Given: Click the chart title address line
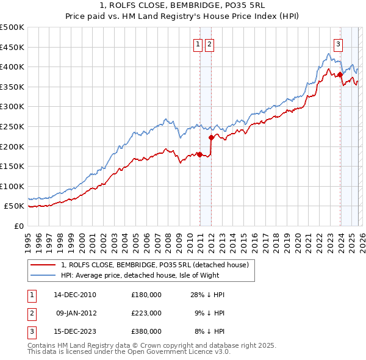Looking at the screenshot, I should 183,5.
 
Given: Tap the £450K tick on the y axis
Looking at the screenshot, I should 12,47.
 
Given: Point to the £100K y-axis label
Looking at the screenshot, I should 12,186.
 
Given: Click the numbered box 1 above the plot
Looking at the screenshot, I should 198,43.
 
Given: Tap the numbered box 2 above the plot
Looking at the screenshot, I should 209,43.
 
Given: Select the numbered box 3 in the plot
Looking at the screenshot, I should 338,43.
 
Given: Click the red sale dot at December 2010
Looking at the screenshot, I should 199,154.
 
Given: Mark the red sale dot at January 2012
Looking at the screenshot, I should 211,137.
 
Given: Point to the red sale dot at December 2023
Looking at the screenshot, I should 340,75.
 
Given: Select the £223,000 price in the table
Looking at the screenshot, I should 146,313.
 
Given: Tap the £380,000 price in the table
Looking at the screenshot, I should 146,331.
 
